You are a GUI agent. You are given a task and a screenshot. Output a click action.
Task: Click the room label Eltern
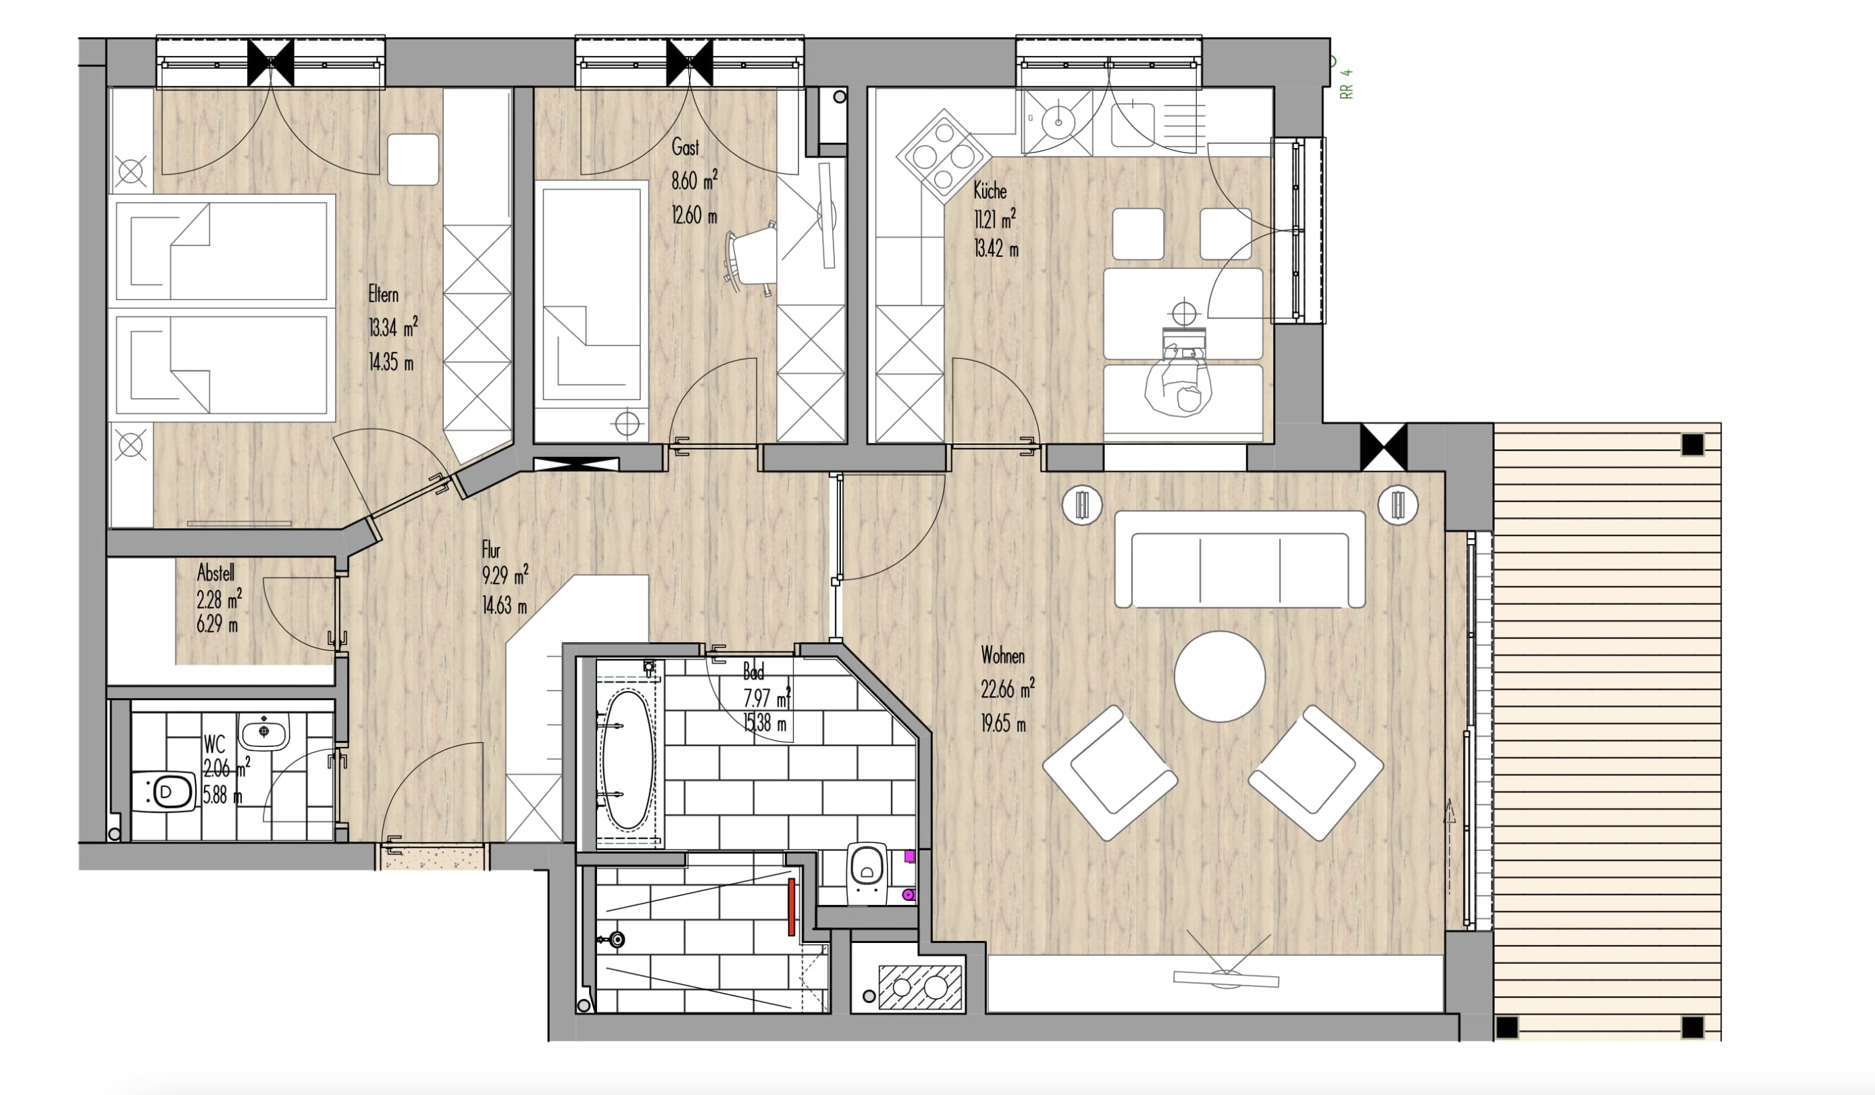383,295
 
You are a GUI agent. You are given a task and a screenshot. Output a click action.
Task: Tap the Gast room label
686,147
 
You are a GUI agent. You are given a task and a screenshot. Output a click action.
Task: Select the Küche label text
990,191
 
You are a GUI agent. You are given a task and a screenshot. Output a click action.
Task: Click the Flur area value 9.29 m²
505,575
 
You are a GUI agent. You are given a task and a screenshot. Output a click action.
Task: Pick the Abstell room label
215,573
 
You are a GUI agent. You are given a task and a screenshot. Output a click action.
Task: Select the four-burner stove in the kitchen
944,156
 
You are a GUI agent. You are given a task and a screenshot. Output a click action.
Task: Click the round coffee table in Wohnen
1220,677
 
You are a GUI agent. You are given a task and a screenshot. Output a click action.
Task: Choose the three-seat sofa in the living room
1239,559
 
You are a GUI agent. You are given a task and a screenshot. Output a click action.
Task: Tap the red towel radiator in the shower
792,906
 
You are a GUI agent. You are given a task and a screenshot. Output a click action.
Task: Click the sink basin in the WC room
263,731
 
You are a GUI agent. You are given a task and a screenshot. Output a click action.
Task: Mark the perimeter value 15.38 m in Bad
765,723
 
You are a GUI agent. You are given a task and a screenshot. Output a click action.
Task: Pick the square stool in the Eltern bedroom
413,159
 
